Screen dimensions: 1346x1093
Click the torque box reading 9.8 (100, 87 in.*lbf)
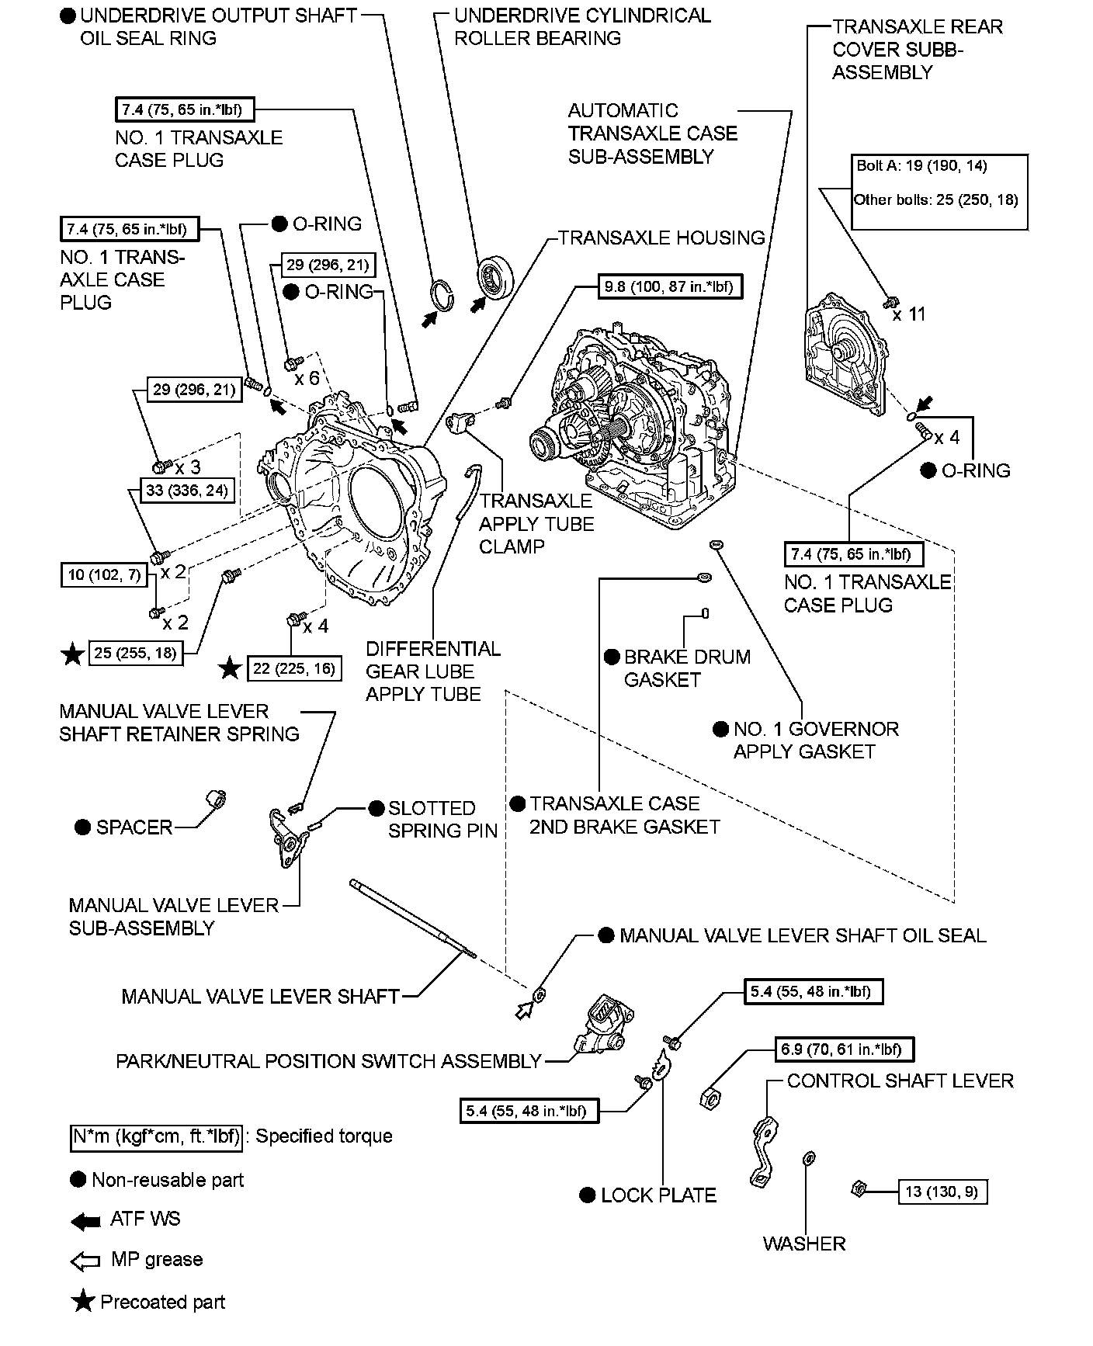point(669,286)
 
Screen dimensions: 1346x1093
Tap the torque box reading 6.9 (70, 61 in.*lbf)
point(843,1049)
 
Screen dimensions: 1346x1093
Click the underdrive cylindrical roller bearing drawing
point(494,276)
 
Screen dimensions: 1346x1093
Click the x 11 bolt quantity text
point(909,314)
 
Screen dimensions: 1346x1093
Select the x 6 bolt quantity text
point(307,378)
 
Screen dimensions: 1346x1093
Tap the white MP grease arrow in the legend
point(85,1261)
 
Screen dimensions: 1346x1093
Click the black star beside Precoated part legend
point(82,1302)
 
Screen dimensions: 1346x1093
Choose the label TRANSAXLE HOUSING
point(661,238)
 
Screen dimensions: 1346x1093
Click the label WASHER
point(803,1244)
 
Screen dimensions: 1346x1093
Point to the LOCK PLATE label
point(658,1195)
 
